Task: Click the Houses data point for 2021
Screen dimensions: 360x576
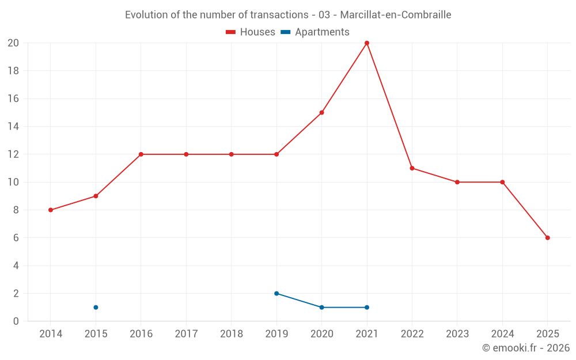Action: click(x=367, y=43)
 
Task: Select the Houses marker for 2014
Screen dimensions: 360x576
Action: click(x=51, y=210)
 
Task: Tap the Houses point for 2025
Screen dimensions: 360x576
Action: click(x=548, y=238)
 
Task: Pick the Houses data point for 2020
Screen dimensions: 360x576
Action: click(x=321, y=112)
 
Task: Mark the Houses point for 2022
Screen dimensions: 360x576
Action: click(x=412, y=168)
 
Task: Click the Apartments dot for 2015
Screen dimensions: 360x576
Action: click(x=96, y=307)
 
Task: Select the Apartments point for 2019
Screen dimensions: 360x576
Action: click(x=276, y=293)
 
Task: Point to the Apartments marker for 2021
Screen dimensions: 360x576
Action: click(x=367, y=307)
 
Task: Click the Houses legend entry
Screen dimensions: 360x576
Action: click(x=251, y=32)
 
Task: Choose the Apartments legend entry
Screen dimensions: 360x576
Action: click(x=315, y=32)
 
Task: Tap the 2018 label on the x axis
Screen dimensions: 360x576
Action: click(x=231, y=334)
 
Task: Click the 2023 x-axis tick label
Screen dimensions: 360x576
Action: click(x=457, y=334)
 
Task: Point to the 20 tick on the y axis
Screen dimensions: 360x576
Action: click(x=13, y=43)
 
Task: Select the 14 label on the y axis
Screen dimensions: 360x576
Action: click(x=13, y=126)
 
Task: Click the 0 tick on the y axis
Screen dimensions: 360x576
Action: click(x=16, y=321)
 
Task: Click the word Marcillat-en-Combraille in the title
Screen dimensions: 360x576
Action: click(x=396, y=14)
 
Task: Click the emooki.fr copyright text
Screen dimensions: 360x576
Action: click(x=526, y=348)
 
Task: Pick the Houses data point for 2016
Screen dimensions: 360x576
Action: click(x=141, y=154)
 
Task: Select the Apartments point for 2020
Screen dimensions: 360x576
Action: click(x=321, y=307)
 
